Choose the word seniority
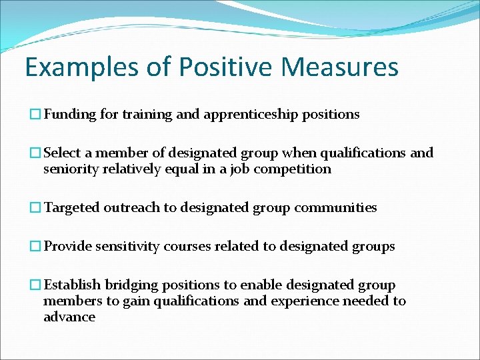71,169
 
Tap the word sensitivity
125,247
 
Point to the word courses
184,247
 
